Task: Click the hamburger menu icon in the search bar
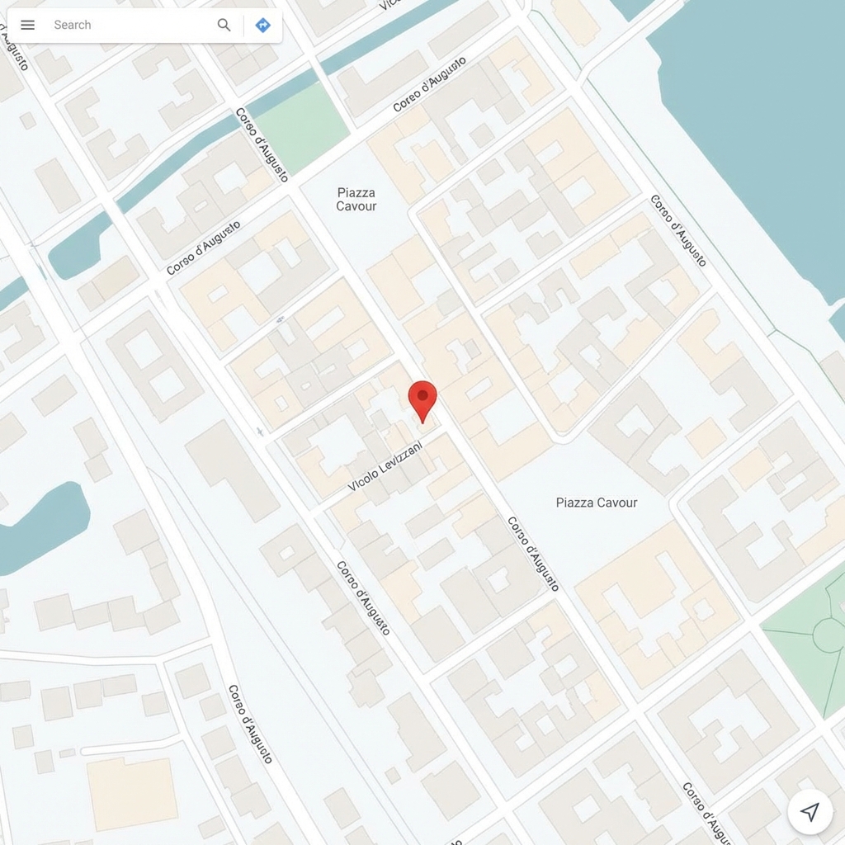(x=27, y=25)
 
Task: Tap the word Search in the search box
(x=73, y=25)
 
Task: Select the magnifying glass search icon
(x=224, y=25)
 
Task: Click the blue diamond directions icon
(x=262, y=25)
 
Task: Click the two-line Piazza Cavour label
(x=356, y=199)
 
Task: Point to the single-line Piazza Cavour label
(x=597, y=503)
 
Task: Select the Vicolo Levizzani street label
(x=385, y=466)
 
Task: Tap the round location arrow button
(x=810, y=812)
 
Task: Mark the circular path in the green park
(x=828, y=635)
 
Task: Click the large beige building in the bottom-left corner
(x=132, y=793)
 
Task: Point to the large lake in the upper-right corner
(x=759, y=124)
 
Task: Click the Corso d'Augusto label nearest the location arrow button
(x=708, y=813)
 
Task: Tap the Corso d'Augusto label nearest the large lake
(x=678, y=231)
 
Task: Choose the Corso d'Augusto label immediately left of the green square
(x=262, y=145)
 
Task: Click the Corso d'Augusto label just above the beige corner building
(x=250, y=724)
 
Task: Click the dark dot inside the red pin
(x=422, y=395)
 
